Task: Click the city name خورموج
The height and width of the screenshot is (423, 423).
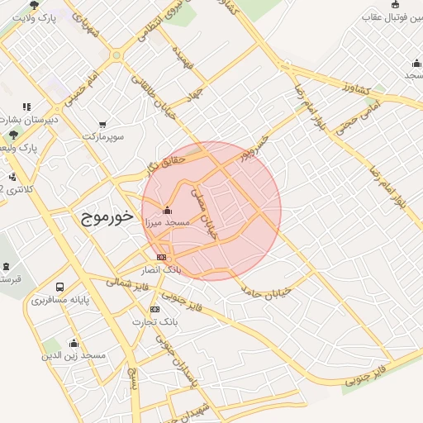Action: click(x=108, y=218)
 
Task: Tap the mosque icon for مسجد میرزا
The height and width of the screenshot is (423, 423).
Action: click(x=168, y=210)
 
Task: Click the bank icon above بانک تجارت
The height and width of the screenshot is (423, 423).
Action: click(x=154, y=308)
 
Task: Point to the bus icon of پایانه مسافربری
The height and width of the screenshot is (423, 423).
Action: click(x=59, y=287)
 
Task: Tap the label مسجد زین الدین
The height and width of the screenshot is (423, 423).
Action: click(x=74, y=354)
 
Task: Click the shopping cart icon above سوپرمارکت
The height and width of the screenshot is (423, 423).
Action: click(x=102, y=124)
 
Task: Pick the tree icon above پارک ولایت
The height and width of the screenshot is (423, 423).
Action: click(x=34, y=6)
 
